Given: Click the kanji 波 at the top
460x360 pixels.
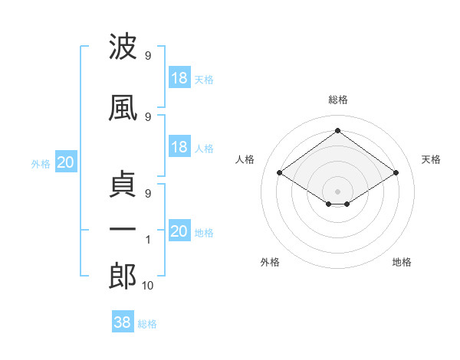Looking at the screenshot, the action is [x=123, y=46].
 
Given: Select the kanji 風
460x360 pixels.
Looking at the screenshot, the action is [x=123, y=108].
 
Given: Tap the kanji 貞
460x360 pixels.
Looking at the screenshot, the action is [x=123, y=184].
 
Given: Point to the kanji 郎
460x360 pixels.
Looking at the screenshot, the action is [x=123, y=276].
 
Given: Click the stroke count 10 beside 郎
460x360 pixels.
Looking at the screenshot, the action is [x=147, y=286].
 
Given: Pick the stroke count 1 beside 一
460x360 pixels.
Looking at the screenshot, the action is [x=148, y=240].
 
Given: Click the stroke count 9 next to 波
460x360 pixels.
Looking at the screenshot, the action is [x=148, y=56].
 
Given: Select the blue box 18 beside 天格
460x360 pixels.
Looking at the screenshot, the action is [x=179, y=77].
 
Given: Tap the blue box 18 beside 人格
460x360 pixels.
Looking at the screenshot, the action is [x=179, y=146].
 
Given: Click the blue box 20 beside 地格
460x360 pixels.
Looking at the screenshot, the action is [x=179, y=230].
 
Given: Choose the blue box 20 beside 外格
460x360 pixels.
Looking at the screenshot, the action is [x=66, y=162].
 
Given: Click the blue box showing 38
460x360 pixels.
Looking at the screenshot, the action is [x=123, y=321].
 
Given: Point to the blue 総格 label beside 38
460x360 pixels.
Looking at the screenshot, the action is [x=147, y=324].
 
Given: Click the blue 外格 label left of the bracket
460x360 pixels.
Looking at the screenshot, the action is [x=41, y=164].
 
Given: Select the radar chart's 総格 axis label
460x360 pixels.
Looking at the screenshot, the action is [x=338, y=100].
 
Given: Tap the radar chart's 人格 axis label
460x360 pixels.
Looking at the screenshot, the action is [x=245, y=159].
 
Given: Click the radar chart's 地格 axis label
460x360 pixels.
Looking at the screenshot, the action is [x=402, y=262].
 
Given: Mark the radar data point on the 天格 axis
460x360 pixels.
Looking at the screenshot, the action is [x=396, y=172].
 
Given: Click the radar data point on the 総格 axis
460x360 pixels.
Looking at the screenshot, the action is [x=337, y=130].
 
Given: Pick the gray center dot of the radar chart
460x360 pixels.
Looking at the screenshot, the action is [x=337, y=191].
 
